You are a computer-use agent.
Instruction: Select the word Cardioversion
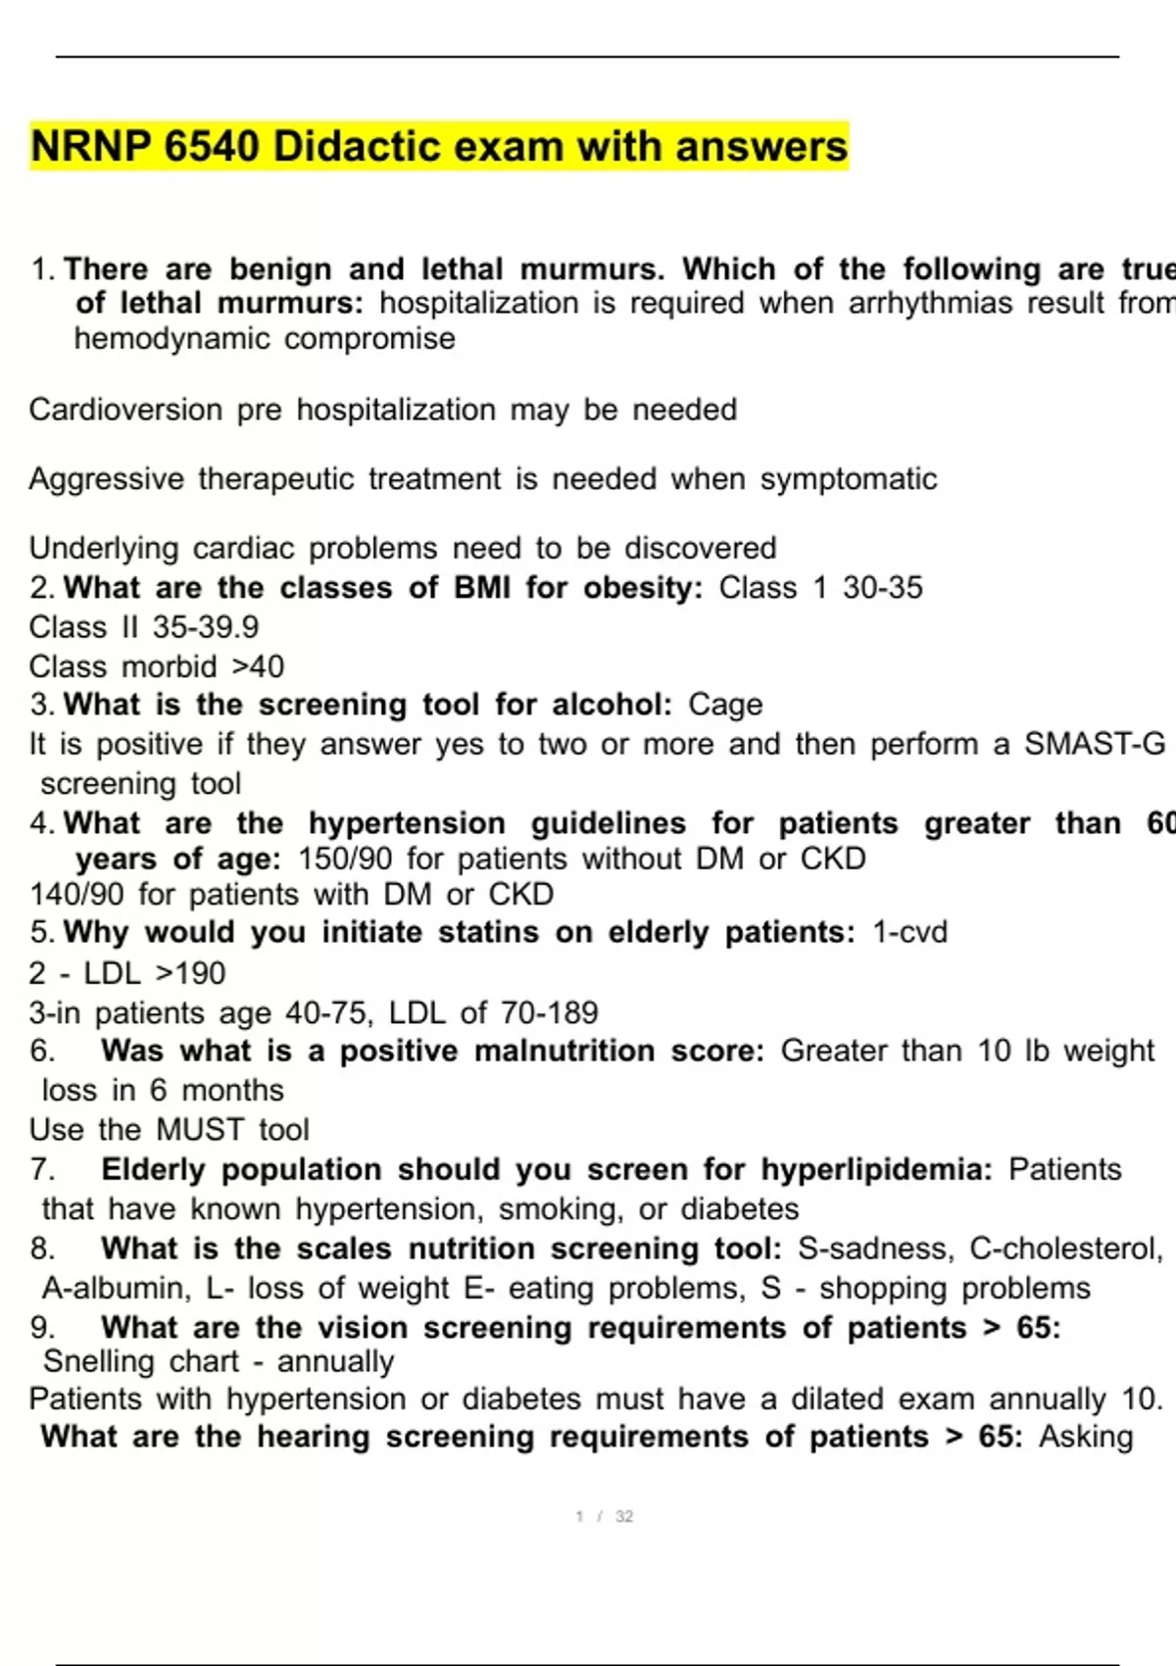click(125, 410)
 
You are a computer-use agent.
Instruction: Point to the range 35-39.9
click(205, 627)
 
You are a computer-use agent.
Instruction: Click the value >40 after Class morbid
click(258, 667)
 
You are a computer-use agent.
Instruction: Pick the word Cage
click(725, 705)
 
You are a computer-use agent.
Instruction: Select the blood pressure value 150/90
click(344, 859)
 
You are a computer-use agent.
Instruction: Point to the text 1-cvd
click(909, 932)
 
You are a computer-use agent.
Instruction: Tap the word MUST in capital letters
click(200, 1130)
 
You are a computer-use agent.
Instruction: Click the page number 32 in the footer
click(623, 1516)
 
